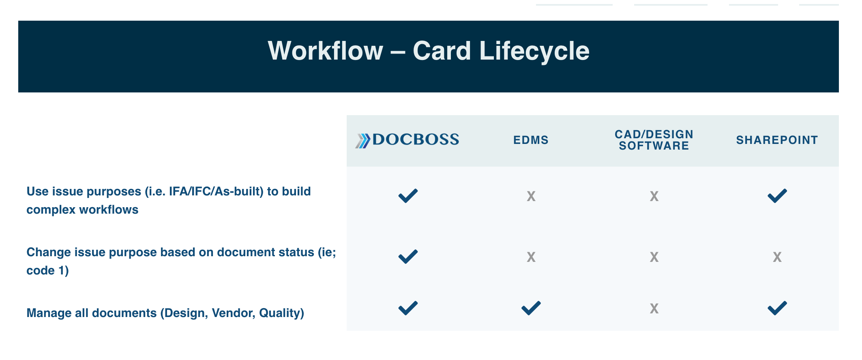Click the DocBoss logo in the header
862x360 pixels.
point(407,140)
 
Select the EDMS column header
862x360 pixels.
point(531,140)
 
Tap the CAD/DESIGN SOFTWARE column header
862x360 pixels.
point(654,140)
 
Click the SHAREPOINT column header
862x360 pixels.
point(777,140)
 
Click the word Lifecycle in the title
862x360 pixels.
point(534,51)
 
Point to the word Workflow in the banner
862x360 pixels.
point(326,51)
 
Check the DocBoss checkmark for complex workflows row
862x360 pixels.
point(408,196)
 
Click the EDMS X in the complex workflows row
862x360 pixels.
point(531,197)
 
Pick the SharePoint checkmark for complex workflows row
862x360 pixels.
point(777,196)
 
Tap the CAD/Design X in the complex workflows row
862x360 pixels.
point(654,197)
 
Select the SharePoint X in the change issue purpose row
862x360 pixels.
point(777,257)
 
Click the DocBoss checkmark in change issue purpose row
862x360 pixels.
point(408,257)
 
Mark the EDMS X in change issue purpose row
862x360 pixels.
point(531,257)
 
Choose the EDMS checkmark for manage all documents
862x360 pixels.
point(531,308)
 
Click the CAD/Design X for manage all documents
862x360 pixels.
point(654,309)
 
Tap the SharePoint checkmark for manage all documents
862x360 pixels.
point(777,308)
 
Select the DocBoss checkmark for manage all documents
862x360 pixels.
point(408,308)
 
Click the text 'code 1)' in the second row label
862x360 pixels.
point(47,270)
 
